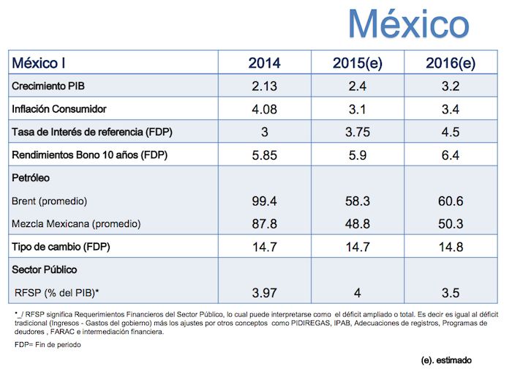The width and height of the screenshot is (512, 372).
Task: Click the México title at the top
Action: (408, 25)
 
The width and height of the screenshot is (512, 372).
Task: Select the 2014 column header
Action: (264, 63)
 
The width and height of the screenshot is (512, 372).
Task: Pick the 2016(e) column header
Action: (451, 63)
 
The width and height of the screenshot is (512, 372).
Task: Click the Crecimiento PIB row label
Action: (49, 86)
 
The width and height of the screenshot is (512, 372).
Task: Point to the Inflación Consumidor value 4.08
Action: (264, 110)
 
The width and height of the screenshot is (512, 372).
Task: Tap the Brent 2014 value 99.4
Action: (264, 201)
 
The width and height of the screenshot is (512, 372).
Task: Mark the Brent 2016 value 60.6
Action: (451, 201)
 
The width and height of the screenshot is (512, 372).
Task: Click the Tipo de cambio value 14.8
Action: (451, 247)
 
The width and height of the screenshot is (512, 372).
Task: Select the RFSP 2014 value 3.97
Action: (264, 293)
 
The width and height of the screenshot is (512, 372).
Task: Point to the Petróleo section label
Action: (31, 178)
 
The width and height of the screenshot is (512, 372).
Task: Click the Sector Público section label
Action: (45, 269)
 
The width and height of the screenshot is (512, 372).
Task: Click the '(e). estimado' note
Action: (447, 360)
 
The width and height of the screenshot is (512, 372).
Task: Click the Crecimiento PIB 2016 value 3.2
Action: (451, 86)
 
